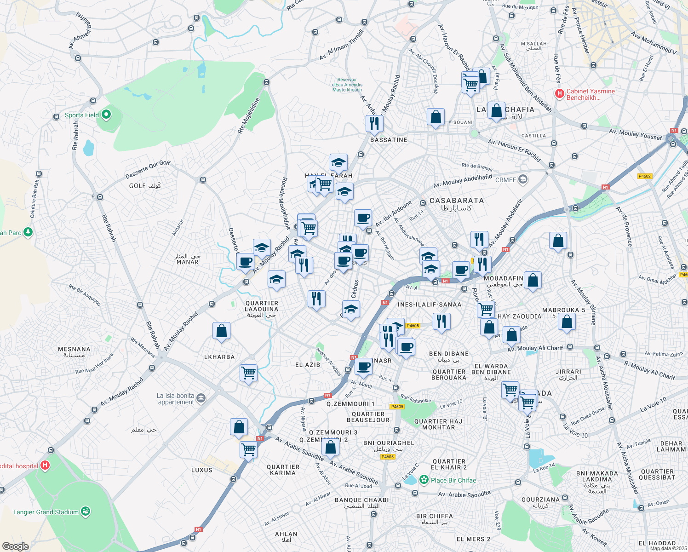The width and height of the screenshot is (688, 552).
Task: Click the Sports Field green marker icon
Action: tap(106, 115)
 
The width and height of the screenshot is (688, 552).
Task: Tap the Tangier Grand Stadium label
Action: tap(46, 512)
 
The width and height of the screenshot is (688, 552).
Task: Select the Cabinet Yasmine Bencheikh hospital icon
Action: tap(560, 94)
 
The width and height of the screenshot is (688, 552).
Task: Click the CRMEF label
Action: tap(505, 180)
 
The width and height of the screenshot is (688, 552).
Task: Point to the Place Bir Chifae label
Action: tap(453, 480)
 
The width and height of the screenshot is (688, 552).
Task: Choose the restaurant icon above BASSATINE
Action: tap(374, 123)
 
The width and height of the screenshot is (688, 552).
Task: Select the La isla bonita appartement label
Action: tap(175, 399)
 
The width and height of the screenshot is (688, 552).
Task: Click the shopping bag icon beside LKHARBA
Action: tap(221, 331)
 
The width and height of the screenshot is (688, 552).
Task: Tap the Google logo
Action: tap(15, 546)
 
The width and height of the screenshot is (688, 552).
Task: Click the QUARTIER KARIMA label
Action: tap(283, 470)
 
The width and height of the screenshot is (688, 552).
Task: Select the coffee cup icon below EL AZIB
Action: tap(363, 367)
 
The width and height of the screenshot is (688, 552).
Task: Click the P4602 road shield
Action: tap(645, 176)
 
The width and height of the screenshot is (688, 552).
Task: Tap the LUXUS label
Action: tap(202, 470)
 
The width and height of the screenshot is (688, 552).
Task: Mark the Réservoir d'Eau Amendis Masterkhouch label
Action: tap(347, 85)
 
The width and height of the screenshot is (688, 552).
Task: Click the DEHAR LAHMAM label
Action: tap(671, 447)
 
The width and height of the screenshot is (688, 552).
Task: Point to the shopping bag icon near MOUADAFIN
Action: tap(533, 280)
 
